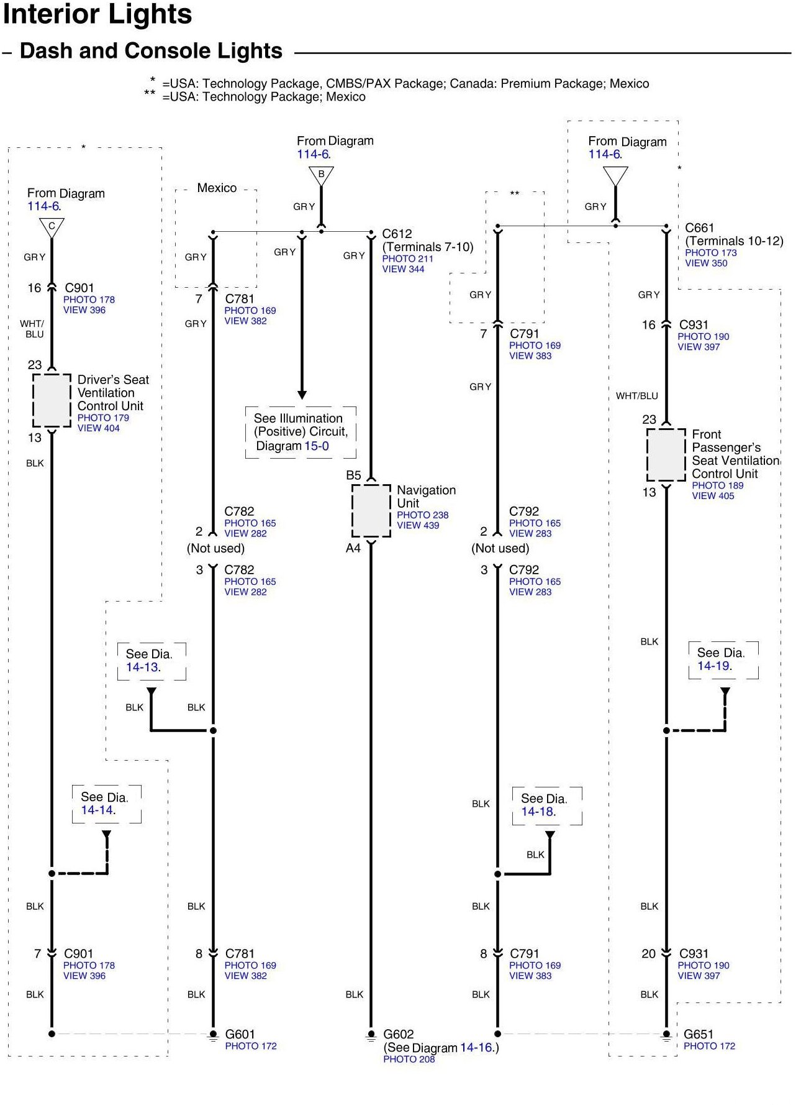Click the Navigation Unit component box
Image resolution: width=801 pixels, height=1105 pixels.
[371, 510]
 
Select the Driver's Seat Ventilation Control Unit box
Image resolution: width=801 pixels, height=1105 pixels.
[52, 400]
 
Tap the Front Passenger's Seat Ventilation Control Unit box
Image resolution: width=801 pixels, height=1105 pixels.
[666, 454]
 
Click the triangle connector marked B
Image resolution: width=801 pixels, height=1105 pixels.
[321, 175]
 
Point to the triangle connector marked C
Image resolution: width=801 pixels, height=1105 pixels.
[52, 227]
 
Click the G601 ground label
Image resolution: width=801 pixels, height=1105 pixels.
[240, 1034]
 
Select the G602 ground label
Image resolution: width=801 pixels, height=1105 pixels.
[398, 1034]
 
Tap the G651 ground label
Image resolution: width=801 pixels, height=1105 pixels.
[698, 1034]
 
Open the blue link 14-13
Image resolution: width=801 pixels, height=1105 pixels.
[142, 667]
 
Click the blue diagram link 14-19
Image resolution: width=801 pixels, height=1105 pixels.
[713, 666]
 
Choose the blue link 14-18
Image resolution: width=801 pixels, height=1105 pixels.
[537, 811]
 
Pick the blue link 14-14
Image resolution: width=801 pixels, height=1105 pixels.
[97, 810]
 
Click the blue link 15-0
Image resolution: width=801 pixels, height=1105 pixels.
[316, 446]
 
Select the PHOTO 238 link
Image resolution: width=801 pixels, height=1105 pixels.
[422, 515]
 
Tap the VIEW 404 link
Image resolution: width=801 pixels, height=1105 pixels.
[98, 428]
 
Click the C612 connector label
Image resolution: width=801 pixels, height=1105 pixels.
[397, 234]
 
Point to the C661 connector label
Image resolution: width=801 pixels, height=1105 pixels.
[699, 228]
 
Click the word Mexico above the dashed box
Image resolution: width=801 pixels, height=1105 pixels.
[217, 188]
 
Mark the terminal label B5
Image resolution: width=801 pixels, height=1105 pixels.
[353, 475]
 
